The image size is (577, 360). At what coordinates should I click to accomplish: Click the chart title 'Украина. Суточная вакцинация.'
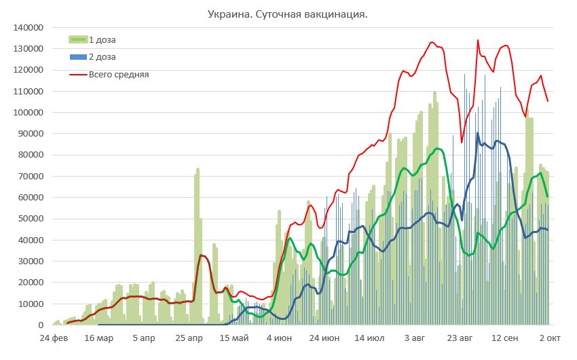[x=287, y=14]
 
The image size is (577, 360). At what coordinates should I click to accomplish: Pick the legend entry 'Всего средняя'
[x=119, y=74]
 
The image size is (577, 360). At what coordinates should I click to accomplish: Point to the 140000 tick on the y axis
[x=28, y=28]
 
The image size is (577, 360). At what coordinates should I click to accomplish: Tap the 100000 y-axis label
[x=28, y=113]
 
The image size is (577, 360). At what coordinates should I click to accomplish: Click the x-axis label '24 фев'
[x=53, y=338]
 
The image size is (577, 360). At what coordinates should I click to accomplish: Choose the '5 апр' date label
[x=145, y=338]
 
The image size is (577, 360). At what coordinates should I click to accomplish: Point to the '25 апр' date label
[x=191, y=338]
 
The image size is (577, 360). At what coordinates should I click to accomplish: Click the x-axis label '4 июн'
[x=279, y=338]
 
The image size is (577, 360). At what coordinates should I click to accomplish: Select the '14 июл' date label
[x=370, y=338]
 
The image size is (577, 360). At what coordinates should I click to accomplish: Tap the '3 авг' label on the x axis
[x=415, y=338]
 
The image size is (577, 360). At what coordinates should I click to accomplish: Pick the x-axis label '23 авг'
[x=460, y=338]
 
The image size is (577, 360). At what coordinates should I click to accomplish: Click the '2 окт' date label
[x=549, y=338]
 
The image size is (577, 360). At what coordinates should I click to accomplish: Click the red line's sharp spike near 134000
[x=478, y=41]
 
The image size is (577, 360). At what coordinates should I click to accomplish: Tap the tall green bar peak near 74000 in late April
[x=198, y=170]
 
